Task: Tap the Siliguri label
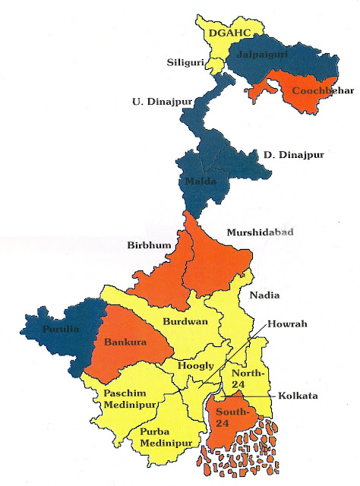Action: (185, 64)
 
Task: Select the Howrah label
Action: (292, 323)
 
